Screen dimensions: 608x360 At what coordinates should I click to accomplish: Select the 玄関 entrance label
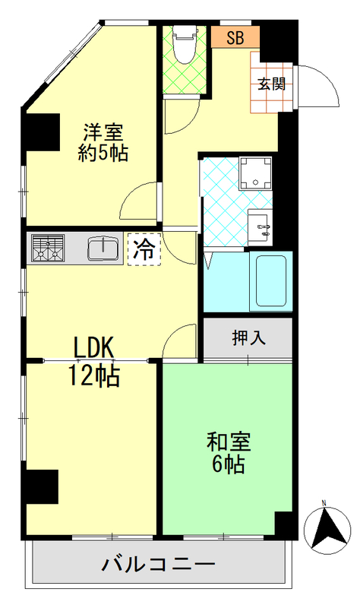click(271, 84)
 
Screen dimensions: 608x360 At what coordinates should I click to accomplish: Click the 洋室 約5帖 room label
click(103, 141)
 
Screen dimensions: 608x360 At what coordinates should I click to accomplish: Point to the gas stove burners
click(48, 248)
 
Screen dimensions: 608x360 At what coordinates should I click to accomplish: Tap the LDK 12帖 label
click(94, 362)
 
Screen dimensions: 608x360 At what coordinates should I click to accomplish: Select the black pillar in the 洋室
click(42, 133)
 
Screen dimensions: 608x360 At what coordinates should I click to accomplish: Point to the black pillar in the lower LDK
click(42, 487)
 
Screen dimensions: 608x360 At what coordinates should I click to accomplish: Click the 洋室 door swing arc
click(140, 203)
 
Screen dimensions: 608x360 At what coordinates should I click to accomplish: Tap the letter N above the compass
click(324, 503)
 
